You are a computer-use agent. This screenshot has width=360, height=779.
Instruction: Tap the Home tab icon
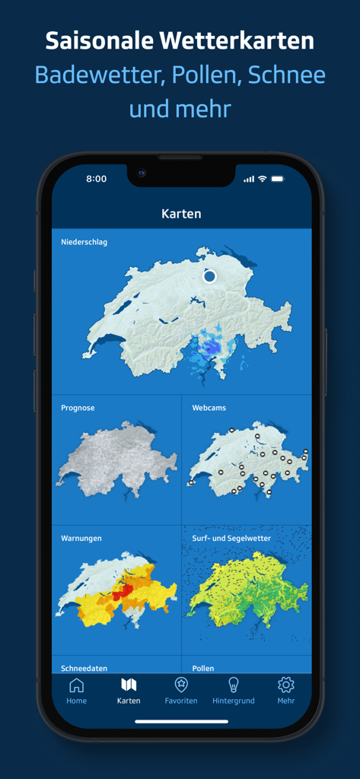(76, 685)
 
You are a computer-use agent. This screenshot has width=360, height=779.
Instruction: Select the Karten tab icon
(129, 685)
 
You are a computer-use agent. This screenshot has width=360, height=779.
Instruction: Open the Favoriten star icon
(181, 685)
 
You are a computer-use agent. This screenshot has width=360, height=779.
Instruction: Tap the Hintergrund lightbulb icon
(234, 685)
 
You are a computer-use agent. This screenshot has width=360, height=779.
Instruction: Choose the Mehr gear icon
(286, 685)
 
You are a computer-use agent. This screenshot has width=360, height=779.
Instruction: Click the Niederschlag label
(84, 242)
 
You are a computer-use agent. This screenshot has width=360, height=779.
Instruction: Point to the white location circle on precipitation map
(210, 276)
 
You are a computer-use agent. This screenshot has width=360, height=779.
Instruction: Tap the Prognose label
(78, 408)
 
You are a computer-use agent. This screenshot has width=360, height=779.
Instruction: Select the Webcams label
(209, 408)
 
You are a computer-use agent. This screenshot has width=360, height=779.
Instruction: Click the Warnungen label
(81, 538)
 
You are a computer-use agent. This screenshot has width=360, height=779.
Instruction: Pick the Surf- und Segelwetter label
(231, 538)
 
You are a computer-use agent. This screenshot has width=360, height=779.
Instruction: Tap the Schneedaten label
(84, 668)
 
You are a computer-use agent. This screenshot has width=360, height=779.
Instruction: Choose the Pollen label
(203, 668)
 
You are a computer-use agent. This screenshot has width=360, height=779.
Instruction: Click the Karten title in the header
(181, 214)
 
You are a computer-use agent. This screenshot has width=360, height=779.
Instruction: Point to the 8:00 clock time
(97, 179)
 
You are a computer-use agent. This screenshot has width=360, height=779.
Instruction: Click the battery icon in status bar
(277, 179)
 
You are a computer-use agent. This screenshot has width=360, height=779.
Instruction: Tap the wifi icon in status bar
(263, 179)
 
